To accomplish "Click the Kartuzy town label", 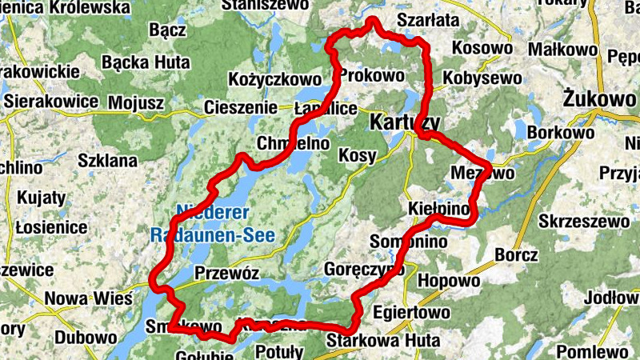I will [x=405, y=122].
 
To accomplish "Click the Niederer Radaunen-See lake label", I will [x=212, y=224].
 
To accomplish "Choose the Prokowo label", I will [x=372, y=75].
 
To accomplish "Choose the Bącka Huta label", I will [x=146, y=62].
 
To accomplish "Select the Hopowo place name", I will [x=449, y=281].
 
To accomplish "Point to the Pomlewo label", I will [x=592, y=350].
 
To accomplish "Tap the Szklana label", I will [x=107, y=160].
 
